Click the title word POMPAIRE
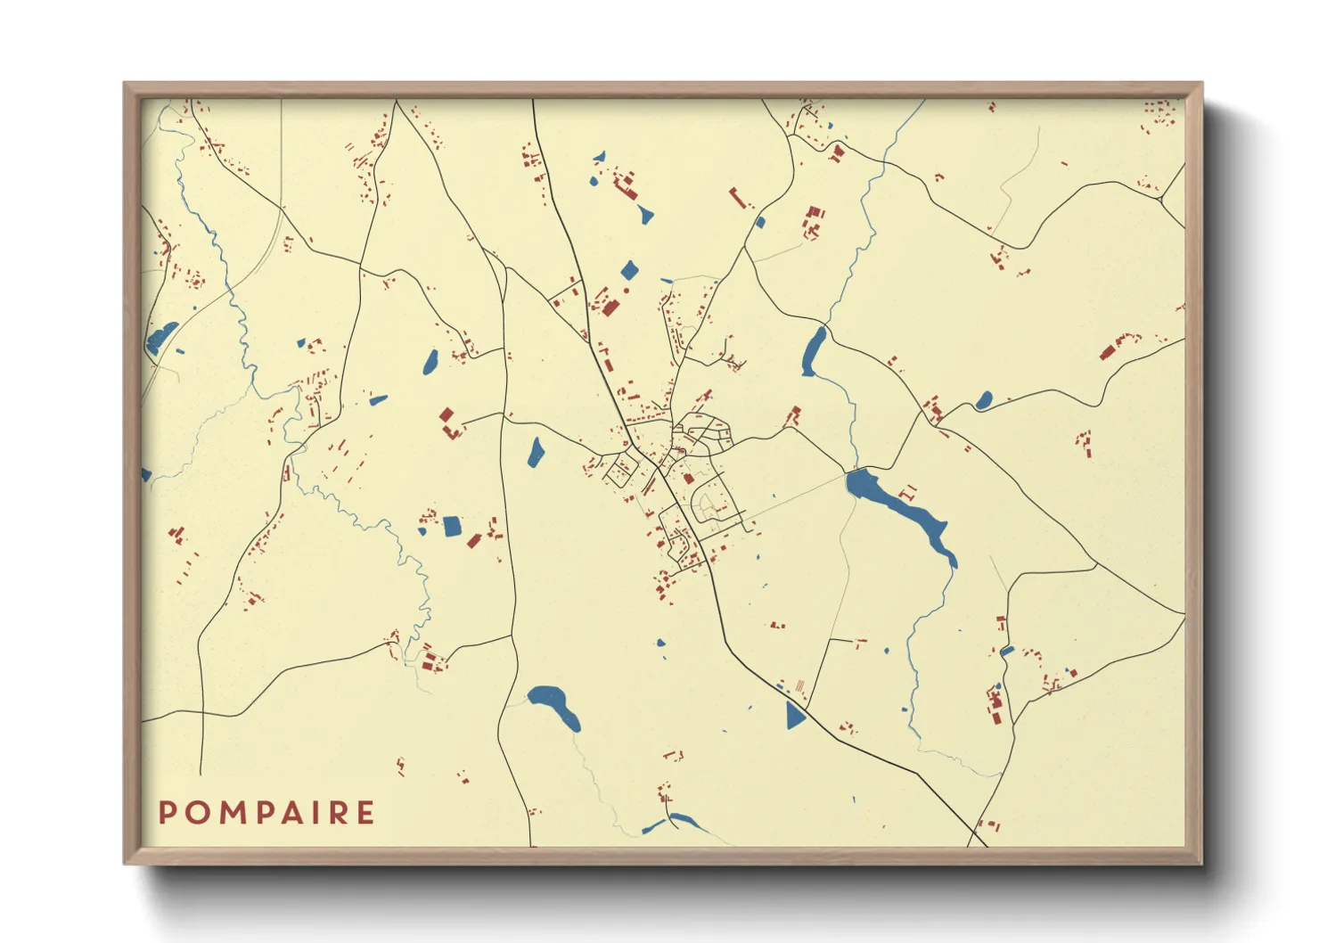click(266, 813)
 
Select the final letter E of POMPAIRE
click(365, 813)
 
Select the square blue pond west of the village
click(453, 526)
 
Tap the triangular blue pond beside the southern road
click(794, 715)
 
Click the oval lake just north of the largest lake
click(814, 351)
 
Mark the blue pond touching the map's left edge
click(146, 475)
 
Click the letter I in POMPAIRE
click(313, 813)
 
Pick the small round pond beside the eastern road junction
click(983, 400)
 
